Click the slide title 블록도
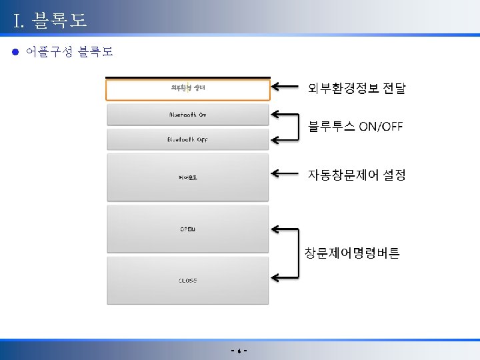[50, 21]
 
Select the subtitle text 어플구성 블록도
[69, 51]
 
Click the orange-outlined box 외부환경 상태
[188, 90]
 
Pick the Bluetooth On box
[188, 115]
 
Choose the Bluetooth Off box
[188, 139]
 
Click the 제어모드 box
[188, 177]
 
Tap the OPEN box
[188, 229]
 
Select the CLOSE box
[188, 281]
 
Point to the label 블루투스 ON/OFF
[355, 127]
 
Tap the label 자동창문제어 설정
[356, 175]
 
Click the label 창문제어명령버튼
[352, 253]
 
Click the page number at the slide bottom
[239, 351]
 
